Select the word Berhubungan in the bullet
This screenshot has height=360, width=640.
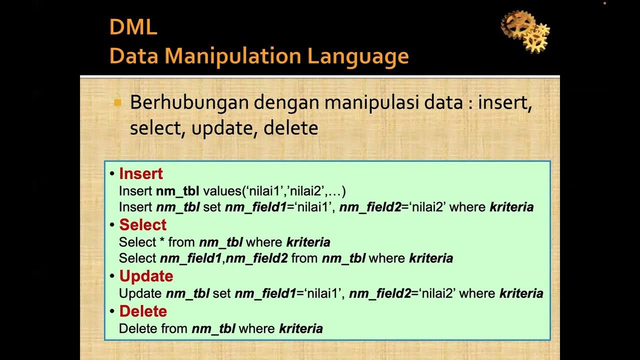click(x=188, y=102)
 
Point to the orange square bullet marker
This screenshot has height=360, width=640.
click(x=118, y=103)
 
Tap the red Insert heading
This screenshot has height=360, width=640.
click(x=141, y=174)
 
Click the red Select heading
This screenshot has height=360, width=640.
click(x=142, y=225)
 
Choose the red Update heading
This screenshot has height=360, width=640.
click(x=146, y=276)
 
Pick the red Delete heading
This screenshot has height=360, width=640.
click(x=143, y=311)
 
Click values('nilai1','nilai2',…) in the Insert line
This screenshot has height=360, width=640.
click(x=274, y=191)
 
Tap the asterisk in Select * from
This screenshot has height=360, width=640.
click(x=162, y=242)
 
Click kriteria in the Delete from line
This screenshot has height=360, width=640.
click(x=300, y=328)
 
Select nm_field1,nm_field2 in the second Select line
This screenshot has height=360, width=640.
click(x=223, y=258)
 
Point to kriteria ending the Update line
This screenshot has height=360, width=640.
click(x=521, y=293)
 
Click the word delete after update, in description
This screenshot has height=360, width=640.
click(x=290, y=128)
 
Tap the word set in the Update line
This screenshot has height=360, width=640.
click(x=221, y=293)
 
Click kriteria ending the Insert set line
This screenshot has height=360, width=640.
click(x=511, y=207)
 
